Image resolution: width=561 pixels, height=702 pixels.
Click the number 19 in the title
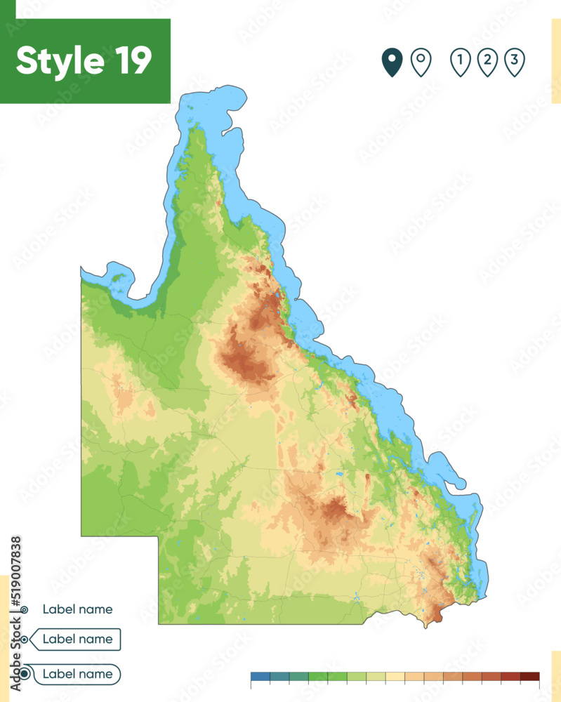(x=131, y=61)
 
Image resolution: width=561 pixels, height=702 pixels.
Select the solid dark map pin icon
(x=391, y=62)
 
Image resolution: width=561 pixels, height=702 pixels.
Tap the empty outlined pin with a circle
(x=421, y=62)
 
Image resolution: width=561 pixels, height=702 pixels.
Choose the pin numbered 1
(x=460, y=62)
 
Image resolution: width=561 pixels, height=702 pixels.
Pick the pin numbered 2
(x=487, y=62)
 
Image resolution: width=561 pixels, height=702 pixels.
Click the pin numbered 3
(x=515, y=62)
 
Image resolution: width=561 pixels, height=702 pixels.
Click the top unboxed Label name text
(x=77, y=609)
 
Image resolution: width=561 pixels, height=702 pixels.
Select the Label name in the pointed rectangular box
(x=77, y=639)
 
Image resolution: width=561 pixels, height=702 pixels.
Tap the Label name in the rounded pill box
(x=77, y=674)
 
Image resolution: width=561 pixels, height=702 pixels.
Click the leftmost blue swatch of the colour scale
(x=260, y=677)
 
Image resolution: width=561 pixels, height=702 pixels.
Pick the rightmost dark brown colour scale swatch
(x=529, y=677)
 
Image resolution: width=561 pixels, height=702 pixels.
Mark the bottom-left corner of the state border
(x=159, y=623)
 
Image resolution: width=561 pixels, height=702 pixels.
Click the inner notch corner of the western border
(x=159, y=536)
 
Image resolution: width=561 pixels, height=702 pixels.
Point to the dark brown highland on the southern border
(x=436, y=616)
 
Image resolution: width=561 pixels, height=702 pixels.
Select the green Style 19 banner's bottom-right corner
(x=170, y=102)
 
